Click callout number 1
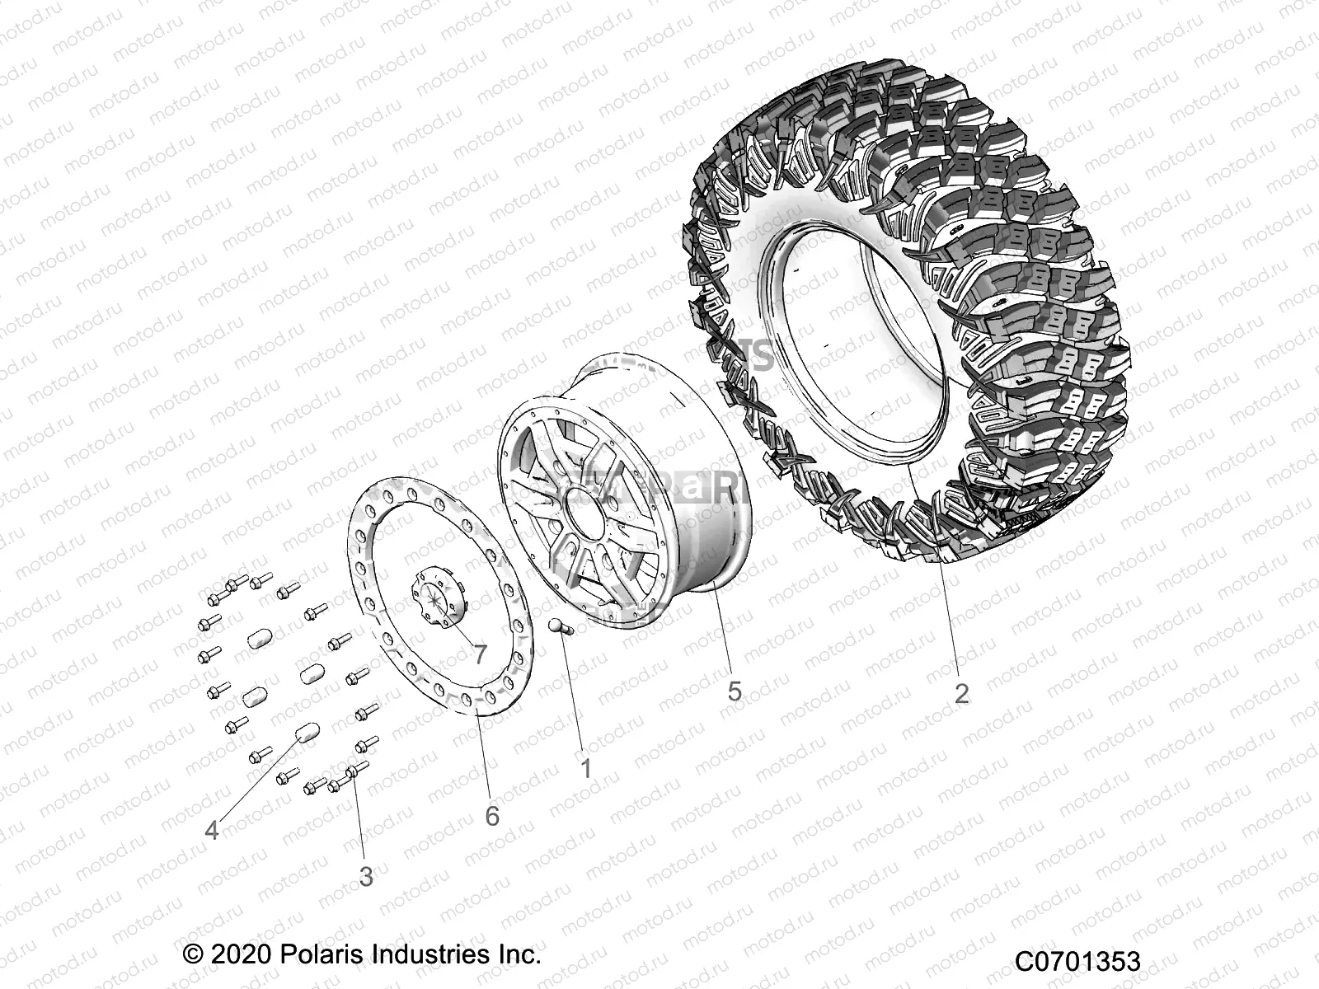(x=585, y=769)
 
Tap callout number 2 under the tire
(x=961, y=693)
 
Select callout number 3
(x=366, y=876)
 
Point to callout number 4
(x=212, y=830)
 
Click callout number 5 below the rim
(x=735, y=691)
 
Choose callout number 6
(x=492, y=816)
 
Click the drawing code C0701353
(x=1077, y=961)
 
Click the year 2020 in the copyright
(x=240, y=955)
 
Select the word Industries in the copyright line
(x=420, y=955)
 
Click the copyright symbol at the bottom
(x=193, y=956)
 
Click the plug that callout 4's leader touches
(x=306, y=730)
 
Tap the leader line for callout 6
(x=485, y=758)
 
